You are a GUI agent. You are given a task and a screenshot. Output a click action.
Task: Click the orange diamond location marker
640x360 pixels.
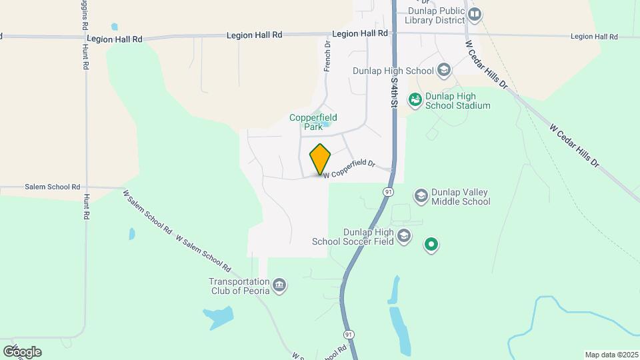(320, 159)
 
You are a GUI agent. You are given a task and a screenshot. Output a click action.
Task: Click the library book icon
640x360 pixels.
(475, 14)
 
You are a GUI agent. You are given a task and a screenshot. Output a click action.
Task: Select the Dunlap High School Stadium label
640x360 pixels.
(458, 101)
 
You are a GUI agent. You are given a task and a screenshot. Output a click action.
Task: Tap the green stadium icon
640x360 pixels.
(415, 99)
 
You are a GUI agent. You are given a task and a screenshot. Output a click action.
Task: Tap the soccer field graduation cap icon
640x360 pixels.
(404, 236)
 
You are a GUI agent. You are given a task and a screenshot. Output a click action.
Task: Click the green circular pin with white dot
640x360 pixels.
(431, 245)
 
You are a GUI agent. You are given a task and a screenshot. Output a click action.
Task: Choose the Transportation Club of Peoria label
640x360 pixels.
(239, 285)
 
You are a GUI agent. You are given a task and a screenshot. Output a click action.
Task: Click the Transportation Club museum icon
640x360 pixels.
(279, 285)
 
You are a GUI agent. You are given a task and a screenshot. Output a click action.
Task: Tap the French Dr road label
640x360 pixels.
(327, 57)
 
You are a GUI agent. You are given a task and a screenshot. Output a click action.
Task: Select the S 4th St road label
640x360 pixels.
(394, 93)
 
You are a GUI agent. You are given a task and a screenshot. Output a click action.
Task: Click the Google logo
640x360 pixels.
(22, 351)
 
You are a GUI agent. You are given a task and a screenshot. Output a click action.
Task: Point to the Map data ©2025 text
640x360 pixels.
(610, 355)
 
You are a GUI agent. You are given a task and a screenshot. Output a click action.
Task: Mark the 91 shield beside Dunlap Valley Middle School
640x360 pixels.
(387, 192)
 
